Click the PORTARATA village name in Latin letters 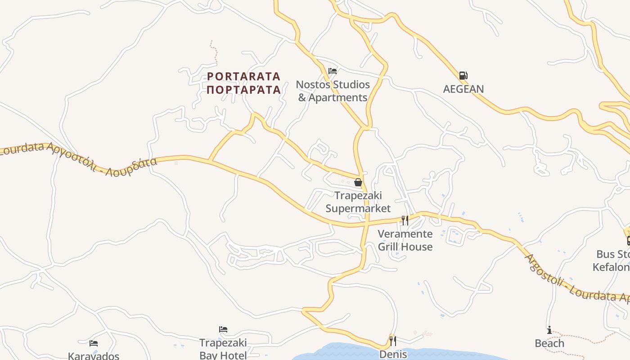tap(243, 76)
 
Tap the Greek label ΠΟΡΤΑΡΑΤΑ tap(243, 90)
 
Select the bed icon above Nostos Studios tap(333, 71)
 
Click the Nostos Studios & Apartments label tap(333, 91)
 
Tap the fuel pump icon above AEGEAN tap(463, 76)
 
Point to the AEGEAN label tap(463, 89)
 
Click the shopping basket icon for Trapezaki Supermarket tap(358, 182)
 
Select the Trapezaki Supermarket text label tap(358, 202)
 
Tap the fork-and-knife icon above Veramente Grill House tap(405, 220)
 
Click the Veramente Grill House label tap(405, 240)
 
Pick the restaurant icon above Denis tap(392, 340)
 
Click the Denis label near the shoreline tap(393, 354)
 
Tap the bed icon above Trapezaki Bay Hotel tap(223, 329)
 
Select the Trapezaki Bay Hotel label tap(223, 349)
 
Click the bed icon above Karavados tap(94, 343)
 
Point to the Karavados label tap(94, 356)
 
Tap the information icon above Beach tap(549, 330)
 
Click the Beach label tap(549, 343)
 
